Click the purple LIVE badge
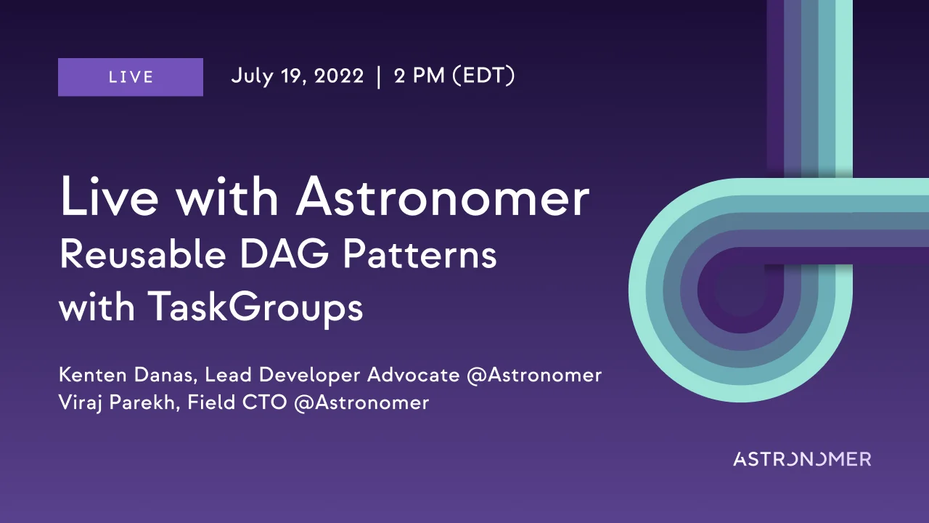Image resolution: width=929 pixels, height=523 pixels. coord(131,77)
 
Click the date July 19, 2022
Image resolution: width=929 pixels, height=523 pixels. coord(297,76)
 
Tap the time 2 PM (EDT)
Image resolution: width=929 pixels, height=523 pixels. coord(454,76)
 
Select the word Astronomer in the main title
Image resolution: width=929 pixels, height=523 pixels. coord(442,198)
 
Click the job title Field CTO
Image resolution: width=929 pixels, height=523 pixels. coord(237,402)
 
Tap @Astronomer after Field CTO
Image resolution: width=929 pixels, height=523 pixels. coord(361,402)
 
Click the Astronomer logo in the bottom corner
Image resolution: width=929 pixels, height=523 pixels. coord(801,459)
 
